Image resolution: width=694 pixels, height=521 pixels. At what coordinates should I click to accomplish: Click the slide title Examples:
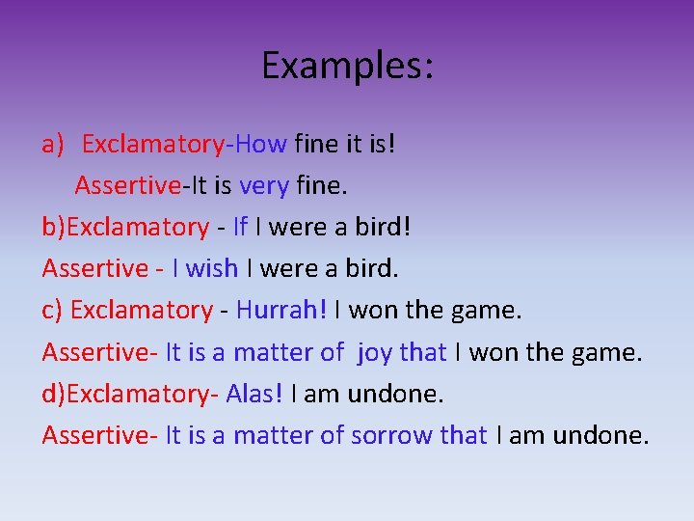[x=347, y=66]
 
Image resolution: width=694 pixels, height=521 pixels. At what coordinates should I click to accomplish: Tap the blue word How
[x=260, y=145]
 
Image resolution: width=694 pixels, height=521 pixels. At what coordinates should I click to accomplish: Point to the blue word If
[x=240, y=228]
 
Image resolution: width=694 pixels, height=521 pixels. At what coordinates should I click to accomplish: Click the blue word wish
[x=212, y=268]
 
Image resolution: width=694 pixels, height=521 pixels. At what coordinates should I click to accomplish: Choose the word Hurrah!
[x=281, y=311]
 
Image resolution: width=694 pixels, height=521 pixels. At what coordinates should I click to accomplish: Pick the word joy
[x=375, y=354]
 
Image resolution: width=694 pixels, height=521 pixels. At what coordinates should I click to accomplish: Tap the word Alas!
[x=255, y=394]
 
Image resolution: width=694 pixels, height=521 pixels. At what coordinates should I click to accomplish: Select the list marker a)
[x=53, y=145]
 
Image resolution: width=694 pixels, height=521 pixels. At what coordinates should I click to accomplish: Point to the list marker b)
[x=54, y=228]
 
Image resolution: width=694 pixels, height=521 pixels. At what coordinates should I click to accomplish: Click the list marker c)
[x=52, y=311]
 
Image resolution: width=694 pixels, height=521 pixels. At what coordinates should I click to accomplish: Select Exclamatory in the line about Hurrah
[x=141, y=311]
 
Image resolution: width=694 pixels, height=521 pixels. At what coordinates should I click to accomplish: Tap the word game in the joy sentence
[x=604, y=352]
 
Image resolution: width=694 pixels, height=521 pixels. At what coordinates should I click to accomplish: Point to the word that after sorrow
[x=464, y=435]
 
